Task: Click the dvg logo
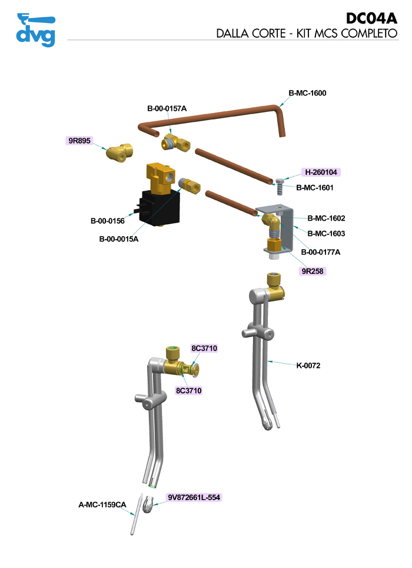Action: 36,29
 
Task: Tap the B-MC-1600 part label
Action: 307,93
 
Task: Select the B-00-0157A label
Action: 167,108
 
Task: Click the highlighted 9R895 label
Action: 78,141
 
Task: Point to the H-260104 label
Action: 321,172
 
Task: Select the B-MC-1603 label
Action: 326,233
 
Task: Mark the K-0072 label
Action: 308,366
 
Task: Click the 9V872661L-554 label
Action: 194,497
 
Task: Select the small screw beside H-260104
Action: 279,188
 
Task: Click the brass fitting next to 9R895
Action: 119,153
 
